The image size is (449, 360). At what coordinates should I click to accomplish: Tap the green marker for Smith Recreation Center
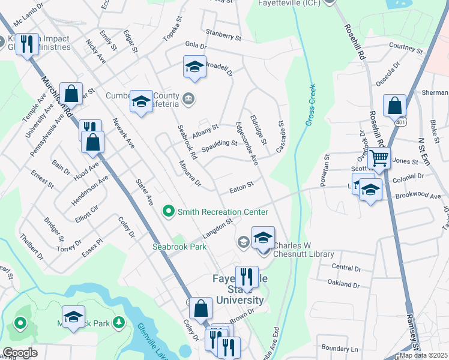point(169,211)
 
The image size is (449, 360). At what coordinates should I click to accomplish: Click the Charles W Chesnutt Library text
point(304,250)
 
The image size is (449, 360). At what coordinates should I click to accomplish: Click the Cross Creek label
point(310,106)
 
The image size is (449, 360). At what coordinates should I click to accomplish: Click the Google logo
point(19,353)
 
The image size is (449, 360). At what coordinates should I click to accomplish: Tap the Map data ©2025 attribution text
point(423,355)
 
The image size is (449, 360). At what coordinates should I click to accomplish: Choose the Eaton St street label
point(242,188)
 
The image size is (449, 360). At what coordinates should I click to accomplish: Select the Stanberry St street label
point(223,35)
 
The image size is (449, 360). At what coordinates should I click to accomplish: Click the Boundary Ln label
point(339,348)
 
